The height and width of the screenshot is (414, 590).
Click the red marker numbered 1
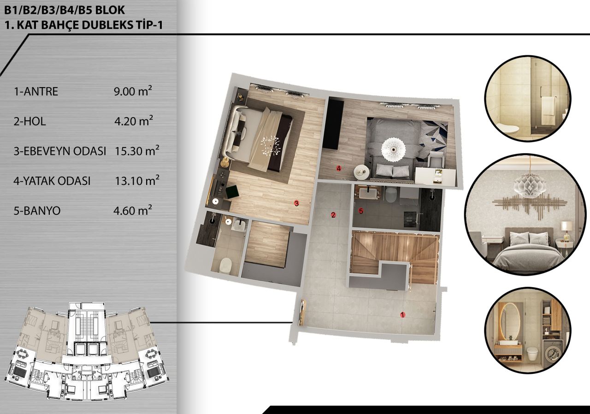(x=402, y=315)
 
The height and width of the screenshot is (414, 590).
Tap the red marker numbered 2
(x=333, y=214)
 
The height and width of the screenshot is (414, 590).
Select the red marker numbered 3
(x=297, y=202)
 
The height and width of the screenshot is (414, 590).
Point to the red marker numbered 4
(x=338, y=168)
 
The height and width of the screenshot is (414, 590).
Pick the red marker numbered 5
(x=361, y=211)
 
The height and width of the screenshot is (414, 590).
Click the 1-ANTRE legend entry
(x=36, y=92)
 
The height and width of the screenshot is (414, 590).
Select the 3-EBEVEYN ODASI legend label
(x=60, y=151)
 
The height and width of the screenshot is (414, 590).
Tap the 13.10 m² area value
(x=137, y=181)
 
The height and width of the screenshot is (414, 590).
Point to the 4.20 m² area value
(x=134, y=122)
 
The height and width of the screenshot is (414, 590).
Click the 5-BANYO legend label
(x=37, y=211)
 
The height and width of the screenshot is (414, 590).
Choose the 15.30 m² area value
(x=137, y=151)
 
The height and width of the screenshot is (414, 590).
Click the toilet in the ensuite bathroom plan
(x=225, y=265)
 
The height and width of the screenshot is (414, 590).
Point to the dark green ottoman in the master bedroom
(x=232, y=191)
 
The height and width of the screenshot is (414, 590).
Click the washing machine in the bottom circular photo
(x=551, y=353)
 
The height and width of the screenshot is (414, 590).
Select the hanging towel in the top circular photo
(x=548, y=111)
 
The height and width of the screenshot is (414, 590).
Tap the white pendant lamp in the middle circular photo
(x=529, y=185)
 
